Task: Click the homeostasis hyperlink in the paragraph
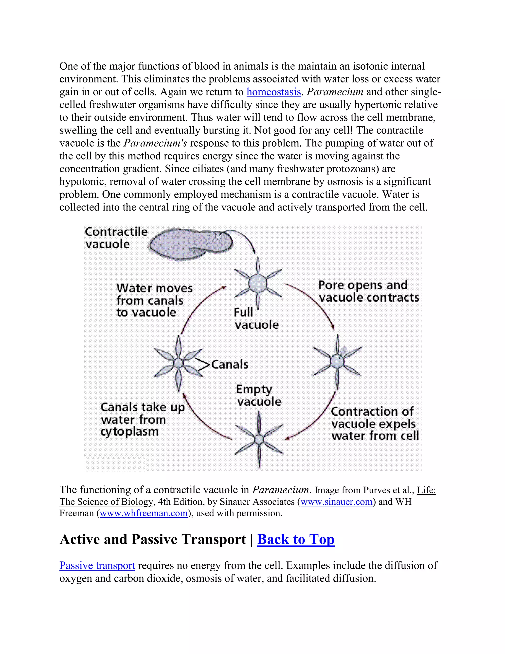pyautogui.click(x=273, y=92)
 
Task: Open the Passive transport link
pyautogui.click(x=97, y=565)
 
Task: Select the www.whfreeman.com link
pyautogui.click(x=144, y=513)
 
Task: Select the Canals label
pyautogui.click(x=230, y=365)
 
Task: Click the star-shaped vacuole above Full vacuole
pyautogui.click(x=258, y=283)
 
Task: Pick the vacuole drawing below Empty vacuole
pyautogui.click(x=259, y=439)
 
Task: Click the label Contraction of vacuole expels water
pyautogui.click(x=375, y=423)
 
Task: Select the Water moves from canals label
pyautogui.click(x=154, y=300)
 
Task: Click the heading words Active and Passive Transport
pyautogui.click(x=153, y=539)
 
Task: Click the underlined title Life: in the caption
pyautogui.click(x=426, y=490)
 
